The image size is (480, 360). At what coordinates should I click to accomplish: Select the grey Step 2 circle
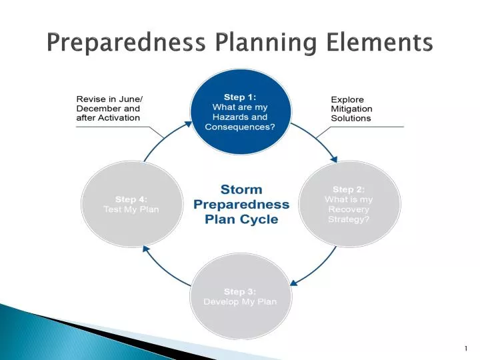click(x=349, y=204)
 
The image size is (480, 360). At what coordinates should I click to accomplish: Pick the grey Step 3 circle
click(x=240, y=297)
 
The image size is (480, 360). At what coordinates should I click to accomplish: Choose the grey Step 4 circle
click(x=131, y=204)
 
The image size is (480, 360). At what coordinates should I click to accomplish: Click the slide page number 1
click(x=465, y=349)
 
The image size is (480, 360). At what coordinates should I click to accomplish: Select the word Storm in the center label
click(x=241, y=190)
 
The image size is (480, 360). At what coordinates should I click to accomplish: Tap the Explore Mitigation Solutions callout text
click(x=351, y=109)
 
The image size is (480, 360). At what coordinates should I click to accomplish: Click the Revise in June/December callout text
click(x=109, y=108)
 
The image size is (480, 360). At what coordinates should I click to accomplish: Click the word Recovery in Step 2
click(x=349, y=209)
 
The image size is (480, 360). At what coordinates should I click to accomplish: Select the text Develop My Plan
click(x=240, y=301)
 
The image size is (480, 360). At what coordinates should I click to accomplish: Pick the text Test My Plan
click(x=131, y=209)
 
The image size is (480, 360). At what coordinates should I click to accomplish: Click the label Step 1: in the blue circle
click(x=240, y=97)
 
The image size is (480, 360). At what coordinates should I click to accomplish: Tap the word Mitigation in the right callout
click(x=351, y=109)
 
